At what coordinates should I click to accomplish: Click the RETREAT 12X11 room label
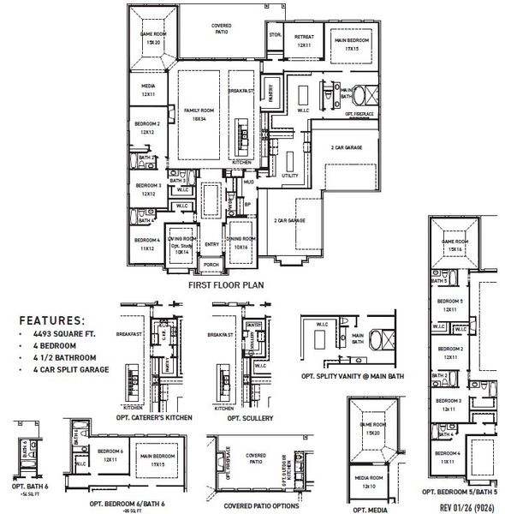[x=303, y=40]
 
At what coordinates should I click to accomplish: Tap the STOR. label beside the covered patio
[x=275, y=35]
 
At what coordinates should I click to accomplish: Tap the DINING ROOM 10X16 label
[x=241, y=241]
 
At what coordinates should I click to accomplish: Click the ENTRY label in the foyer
[x=211, y=243]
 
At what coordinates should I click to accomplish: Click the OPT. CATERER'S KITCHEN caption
[x=154, y=417]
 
